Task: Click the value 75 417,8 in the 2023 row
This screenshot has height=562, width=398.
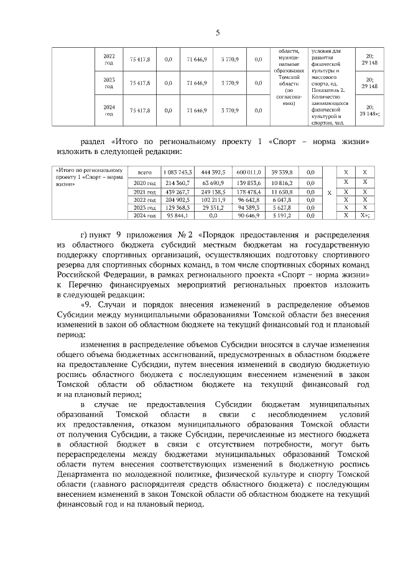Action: pos(140,83)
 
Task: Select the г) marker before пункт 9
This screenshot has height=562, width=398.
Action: pos(85,235)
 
